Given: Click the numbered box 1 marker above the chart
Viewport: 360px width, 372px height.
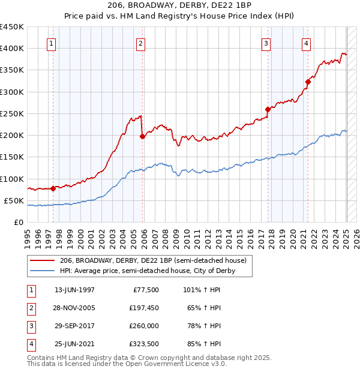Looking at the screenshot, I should (52, 43).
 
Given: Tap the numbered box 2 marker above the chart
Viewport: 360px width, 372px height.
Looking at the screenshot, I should (140, 43).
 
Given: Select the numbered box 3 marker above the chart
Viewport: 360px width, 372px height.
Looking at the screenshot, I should (266, 43).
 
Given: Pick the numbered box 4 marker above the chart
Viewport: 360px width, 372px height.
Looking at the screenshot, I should (306, 43).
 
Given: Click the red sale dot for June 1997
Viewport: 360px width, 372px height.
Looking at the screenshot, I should (53, 188).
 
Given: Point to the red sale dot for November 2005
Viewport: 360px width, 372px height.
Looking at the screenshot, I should (142, 136).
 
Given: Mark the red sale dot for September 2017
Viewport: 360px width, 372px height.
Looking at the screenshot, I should (268, 109).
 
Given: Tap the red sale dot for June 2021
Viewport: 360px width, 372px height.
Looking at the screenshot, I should (308, 82).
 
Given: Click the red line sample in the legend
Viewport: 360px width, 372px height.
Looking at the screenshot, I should (43, 261).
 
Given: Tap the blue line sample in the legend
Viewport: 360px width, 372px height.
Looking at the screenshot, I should (43, 271).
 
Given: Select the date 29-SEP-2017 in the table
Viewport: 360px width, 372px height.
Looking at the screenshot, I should (74, 327).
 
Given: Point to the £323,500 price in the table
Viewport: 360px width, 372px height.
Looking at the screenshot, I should (142, 344).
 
